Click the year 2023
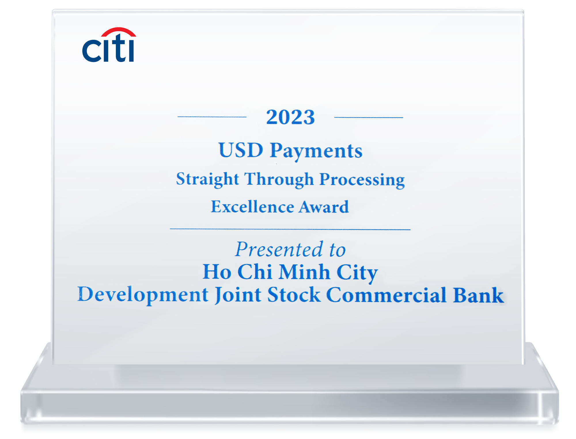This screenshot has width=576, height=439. [290, 117]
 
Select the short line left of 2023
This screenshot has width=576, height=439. [212, 117]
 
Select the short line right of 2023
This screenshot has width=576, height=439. [368, 117]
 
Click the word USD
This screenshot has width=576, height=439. [241, 150]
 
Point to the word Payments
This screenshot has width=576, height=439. [316, 151]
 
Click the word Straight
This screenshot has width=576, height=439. [207, 179]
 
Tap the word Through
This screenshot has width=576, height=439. [279, 179]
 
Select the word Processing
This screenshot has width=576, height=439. [362, 180]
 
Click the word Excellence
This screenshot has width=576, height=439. [253, 207]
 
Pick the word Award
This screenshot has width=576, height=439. [324, 207]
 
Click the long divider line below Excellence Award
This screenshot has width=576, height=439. [290, 229]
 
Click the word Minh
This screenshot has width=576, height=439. [304, 272]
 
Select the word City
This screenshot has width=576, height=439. [357, 272]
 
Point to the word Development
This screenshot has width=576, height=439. [143, 295]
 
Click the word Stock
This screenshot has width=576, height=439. [294, 295]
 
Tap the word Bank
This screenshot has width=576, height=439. [478, 295]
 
